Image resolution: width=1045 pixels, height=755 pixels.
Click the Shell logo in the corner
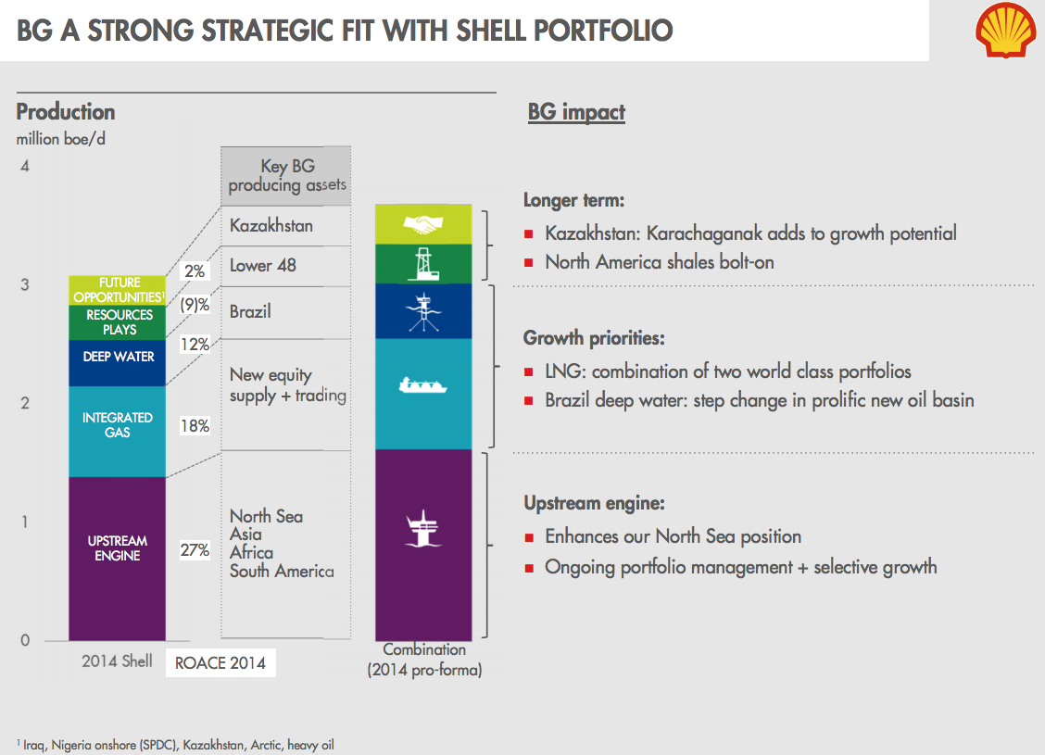tap(1004, 30)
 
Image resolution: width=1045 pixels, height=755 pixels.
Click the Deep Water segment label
tap(119, 357)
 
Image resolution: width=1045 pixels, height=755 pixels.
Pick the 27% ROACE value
tap(195, 550)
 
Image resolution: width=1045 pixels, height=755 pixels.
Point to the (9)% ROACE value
tap(195, 305)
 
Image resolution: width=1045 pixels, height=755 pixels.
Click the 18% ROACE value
tap(195, 426)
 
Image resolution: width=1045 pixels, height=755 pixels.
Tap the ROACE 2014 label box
tap(220, 663)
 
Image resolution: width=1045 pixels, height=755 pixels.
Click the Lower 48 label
tap(263, 266)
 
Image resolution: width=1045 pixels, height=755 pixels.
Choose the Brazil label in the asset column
tap(250, 311)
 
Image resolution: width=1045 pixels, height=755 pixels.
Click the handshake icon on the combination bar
tap(423, 224)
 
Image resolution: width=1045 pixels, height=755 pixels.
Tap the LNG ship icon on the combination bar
tap(423, 384)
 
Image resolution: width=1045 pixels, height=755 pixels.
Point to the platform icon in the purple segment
tap(423, 526)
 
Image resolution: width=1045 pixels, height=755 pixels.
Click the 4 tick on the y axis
tap(26, 167)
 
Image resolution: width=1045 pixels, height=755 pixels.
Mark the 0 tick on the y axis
tap(26, 640)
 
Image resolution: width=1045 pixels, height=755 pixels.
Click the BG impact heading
tap(576, 113)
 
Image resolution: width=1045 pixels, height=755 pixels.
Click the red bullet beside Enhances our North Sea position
tap(529, 537)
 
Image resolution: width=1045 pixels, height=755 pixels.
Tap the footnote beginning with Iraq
tap(176, 744)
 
